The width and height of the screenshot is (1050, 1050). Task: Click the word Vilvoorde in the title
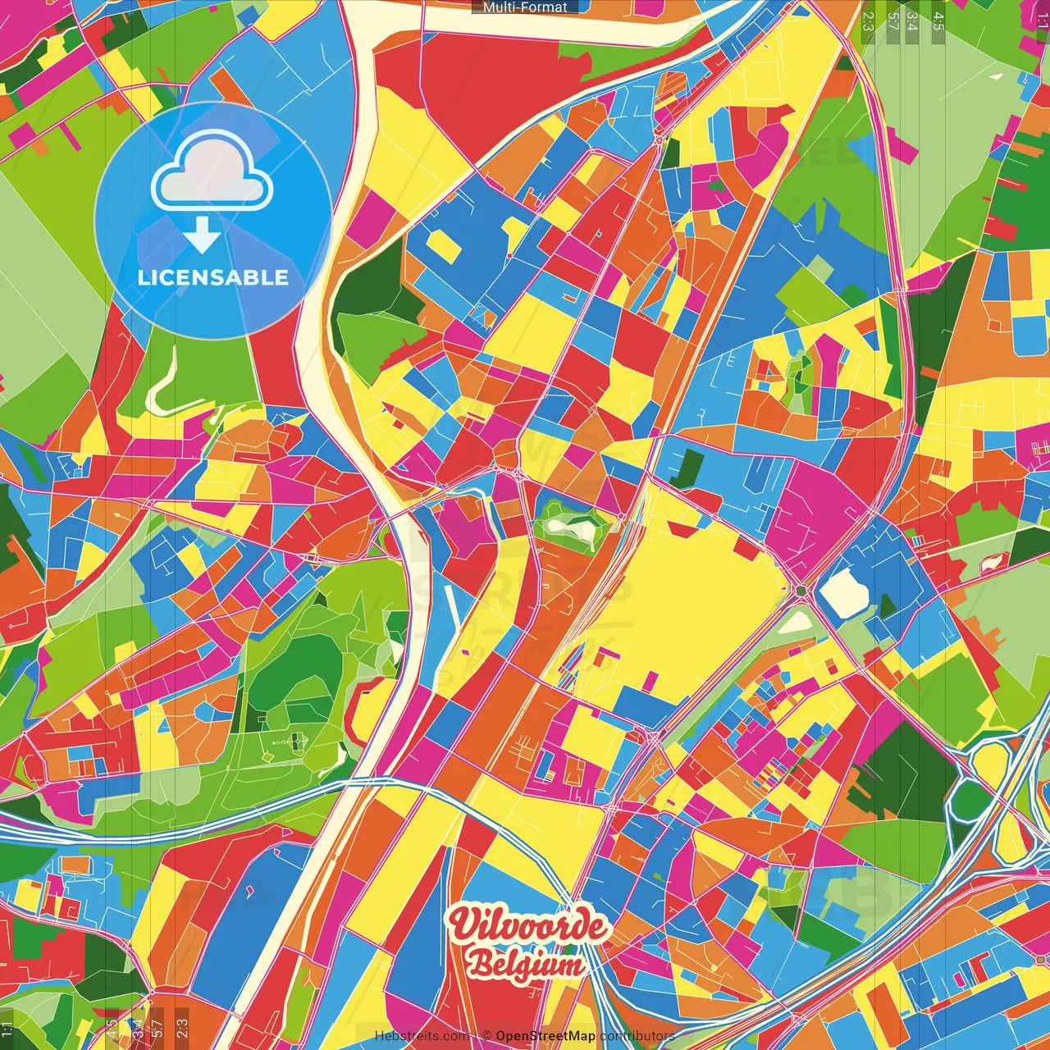pos(527,926)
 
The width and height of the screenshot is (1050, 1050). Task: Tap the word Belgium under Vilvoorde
pos(526,964)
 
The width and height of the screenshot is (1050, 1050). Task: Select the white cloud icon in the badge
pos(212,171)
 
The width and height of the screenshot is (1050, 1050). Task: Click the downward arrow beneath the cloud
pos(202,235)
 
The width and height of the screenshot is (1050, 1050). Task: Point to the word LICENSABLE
pos(213,277)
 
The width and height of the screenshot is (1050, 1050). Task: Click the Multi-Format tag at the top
pos(525,7)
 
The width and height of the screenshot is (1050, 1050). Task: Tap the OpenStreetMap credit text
pos(546,1036)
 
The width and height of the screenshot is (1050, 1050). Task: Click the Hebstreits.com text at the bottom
pos(422,1036)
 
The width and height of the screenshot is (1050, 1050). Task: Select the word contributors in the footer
pos(637,1036)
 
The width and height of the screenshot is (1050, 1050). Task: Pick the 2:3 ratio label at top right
pos(868,21)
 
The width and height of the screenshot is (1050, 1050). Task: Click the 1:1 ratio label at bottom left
pos(7,1029)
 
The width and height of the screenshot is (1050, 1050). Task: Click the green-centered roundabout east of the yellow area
pos(801,590)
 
